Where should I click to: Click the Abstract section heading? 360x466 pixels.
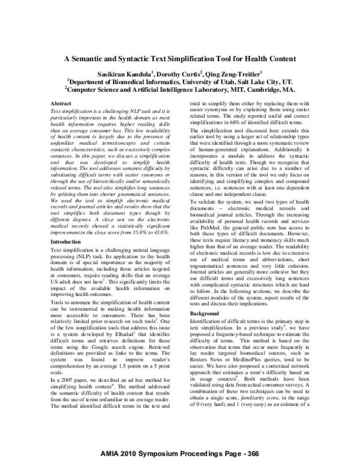click(62, 103)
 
